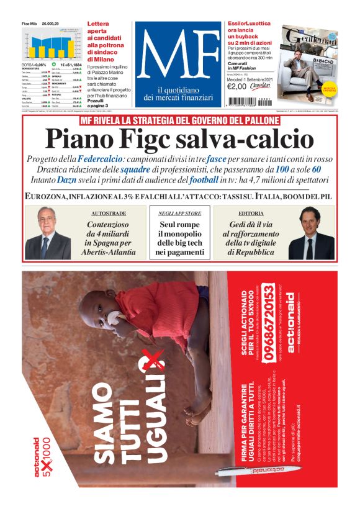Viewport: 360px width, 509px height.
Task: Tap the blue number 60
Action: click(317, 169)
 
